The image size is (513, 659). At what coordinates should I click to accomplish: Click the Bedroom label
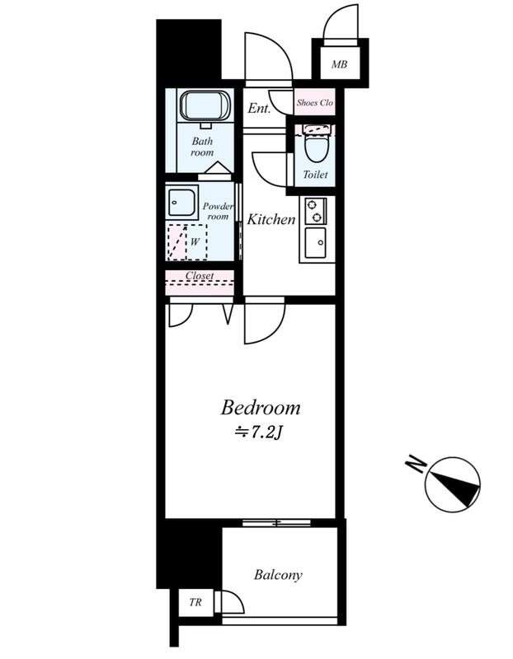261,408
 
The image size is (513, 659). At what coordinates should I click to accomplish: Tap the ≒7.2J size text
257,432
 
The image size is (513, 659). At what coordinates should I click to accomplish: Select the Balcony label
278,574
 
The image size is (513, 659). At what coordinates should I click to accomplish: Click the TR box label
195,602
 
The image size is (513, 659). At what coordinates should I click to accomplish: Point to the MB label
339,64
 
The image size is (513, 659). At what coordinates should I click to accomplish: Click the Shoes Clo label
315,102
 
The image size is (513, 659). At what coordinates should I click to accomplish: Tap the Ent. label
258,109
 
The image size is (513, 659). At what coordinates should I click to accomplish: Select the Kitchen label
271,219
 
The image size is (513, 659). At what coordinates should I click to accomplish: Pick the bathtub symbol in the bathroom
206,106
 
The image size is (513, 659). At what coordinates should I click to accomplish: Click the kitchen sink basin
315,243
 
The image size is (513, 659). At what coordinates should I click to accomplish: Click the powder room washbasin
181,202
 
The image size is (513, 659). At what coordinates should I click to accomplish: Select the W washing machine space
188,242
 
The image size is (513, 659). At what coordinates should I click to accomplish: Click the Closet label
200,276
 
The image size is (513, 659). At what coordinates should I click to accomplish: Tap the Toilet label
315,175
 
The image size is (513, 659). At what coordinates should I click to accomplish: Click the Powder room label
218,212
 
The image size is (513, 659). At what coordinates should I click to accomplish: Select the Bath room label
202,147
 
